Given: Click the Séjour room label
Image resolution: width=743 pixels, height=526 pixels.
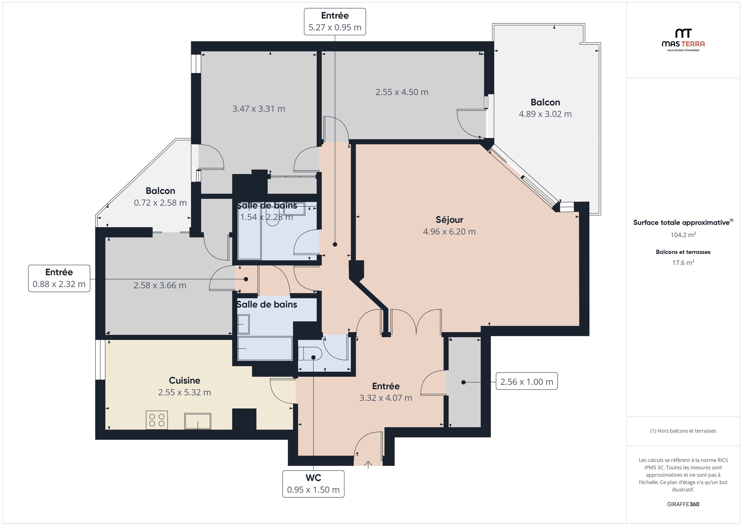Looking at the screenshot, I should point(449,220).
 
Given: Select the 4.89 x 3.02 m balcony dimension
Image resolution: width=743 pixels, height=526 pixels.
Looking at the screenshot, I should point(545,114).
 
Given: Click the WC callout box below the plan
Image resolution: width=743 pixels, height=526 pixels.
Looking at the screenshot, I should point(313,484).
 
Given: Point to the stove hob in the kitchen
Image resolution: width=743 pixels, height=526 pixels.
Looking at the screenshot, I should point(157,420).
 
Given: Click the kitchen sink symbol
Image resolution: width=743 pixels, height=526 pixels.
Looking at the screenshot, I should point(198,421).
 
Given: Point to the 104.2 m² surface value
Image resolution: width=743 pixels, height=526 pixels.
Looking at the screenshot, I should point(683,235).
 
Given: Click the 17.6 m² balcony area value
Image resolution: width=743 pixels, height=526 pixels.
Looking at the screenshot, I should point(683,263).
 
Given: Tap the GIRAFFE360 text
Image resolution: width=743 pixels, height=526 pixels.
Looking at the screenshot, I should point(683,504).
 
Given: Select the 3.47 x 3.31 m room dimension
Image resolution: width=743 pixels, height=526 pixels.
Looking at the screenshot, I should point(258,109).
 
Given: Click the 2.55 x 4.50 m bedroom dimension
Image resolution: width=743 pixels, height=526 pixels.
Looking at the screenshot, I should point(401,92).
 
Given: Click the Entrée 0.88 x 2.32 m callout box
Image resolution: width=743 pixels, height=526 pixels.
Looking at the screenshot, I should point(59,278).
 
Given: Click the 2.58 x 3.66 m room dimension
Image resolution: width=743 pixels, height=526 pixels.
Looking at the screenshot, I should point(160,285).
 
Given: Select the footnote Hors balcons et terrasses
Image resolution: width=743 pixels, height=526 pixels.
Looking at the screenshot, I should point(683,431).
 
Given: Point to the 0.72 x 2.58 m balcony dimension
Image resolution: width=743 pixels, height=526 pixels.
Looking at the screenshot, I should point(160,203).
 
